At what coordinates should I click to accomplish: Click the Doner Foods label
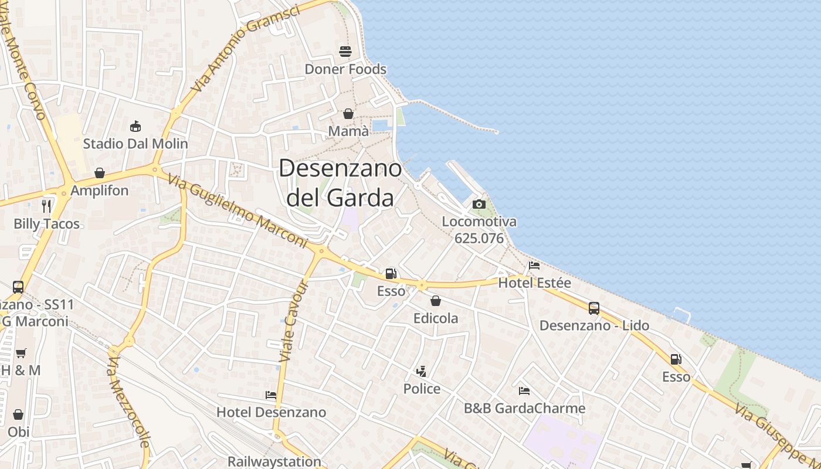(x=345, y=69)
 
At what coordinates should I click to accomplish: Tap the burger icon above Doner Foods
(x=345, y=52)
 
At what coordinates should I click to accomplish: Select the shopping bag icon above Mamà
(x=348, y=114)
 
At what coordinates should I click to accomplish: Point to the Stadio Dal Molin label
(x=135, y=144)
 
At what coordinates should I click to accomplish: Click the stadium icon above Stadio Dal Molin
(x=135, y=126)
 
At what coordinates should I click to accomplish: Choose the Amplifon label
(x=99, y=191)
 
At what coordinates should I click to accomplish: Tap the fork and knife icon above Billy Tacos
(x=47, y=206)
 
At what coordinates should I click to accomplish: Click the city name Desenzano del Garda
(x=340, y=183)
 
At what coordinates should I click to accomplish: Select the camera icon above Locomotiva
(x=479, y=204)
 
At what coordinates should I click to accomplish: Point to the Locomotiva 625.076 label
(x=479, y=230)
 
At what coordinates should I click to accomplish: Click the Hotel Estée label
(x=534, y=283)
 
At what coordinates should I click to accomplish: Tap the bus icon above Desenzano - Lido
(x=594, y=308)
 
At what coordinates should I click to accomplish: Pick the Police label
(x=422, y=389)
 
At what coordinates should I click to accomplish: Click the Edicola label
(x=436, y=318)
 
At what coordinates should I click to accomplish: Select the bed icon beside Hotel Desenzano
(x=271, y=395)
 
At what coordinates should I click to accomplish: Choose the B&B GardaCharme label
(x=524, y=408)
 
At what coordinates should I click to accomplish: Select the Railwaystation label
(x=274, y=461)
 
